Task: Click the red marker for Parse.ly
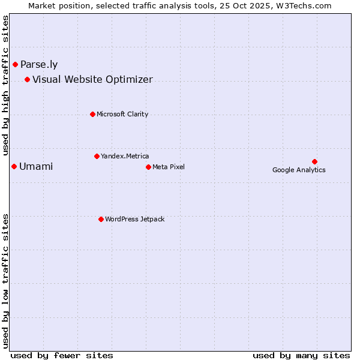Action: point(15,64)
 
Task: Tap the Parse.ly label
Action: point(39,65)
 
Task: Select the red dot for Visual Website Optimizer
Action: point(27,79)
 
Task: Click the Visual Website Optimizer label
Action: point(92,80)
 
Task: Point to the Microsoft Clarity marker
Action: point(92,114)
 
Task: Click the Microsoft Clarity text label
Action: point(122,115)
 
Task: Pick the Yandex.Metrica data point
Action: point(97,156)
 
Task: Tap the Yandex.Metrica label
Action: point(125,157)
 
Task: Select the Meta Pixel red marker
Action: point(148,167)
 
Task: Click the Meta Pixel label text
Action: point(169,167)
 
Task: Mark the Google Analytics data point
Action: point(314,161)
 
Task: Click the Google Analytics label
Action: point(299,170)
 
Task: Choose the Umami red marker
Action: point(14,166)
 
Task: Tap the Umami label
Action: point(36,167)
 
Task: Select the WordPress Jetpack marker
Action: point(101,219)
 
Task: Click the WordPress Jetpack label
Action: point(134,220)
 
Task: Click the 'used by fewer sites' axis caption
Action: point(62,355)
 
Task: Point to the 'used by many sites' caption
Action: point(301,355)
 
